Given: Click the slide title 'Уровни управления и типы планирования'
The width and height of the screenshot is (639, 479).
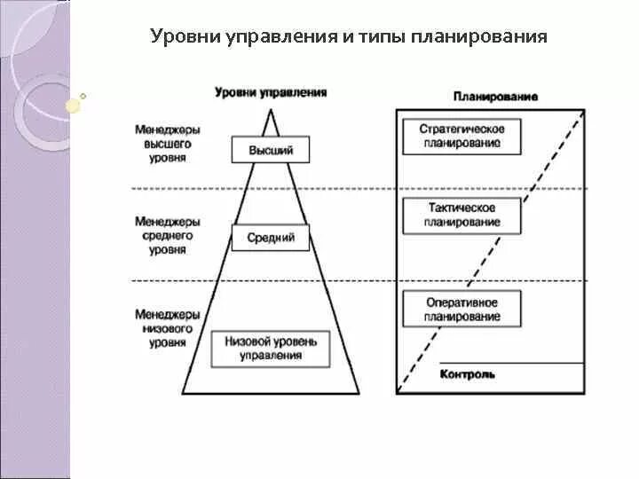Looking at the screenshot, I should pos(349,37).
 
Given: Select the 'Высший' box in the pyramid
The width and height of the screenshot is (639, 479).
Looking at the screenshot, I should pos(271,150).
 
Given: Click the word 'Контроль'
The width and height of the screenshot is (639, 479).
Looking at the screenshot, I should pos(468,374).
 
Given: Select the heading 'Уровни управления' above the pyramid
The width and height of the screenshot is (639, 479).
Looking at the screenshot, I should pos(271,92).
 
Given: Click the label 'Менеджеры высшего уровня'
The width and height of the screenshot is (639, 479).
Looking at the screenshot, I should pos(168,142).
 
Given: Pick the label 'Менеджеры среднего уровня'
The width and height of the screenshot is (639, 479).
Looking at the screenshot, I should pos(168,235).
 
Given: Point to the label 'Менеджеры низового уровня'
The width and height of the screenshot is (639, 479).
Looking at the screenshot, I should pos(168,327).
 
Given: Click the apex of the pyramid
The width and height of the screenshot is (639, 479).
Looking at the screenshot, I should pos(271,108).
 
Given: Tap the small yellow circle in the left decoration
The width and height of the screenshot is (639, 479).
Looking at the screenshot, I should pos(74,105).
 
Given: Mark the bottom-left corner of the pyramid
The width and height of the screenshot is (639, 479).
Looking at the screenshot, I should pos(182,393).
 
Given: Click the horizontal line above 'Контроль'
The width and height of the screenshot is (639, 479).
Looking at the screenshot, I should pos(511,363).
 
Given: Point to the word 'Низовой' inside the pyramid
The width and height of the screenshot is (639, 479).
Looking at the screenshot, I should pos(246,341).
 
